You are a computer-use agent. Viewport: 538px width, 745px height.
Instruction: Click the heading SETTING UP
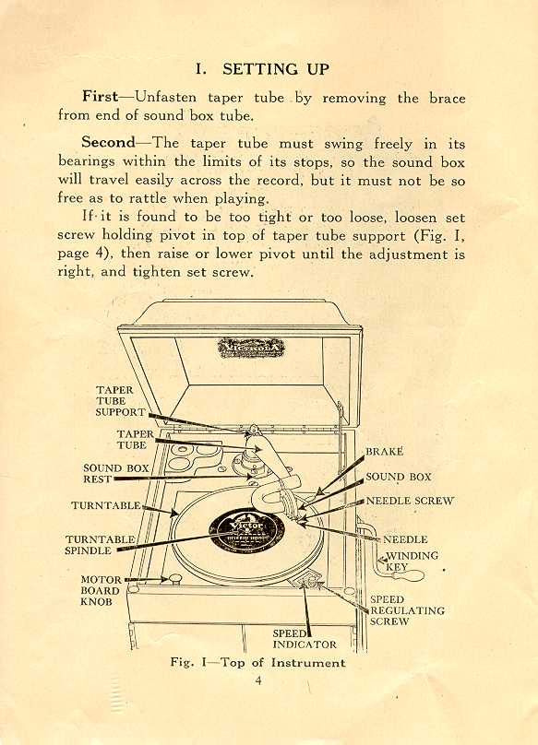[x=276, y=69]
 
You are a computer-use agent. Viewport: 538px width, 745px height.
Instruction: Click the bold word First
[x=100, y=97]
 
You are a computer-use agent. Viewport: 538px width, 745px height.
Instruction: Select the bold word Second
[x=109, y=142]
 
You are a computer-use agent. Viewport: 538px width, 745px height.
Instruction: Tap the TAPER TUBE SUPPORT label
[x=120, y=401]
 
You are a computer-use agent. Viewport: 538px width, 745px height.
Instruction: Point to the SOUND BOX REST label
[x=116, y=474]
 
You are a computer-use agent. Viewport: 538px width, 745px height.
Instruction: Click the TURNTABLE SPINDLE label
[x=101, y=545]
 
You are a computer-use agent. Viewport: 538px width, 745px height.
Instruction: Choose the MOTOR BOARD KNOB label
[x=101, y=591]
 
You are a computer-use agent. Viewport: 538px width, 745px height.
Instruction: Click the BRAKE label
[x=385, y=452]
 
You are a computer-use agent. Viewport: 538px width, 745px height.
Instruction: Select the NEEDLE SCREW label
[x=410, y=501]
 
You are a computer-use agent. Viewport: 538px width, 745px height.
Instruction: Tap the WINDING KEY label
[x=411, y=562]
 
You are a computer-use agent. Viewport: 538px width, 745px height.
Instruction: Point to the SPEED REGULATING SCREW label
[x=407, y=610]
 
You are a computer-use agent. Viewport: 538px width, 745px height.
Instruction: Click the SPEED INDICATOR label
[x=305, y=639]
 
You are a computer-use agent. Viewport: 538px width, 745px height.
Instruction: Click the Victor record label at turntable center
[x=246, y=528]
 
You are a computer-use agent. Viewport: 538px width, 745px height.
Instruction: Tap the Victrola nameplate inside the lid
[x=251, y=348]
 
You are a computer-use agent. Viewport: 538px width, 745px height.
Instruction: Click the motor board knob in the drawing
[x=175, y=578]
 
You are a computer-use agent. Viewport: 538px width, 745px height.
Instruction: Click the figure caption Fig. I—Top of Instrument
[x=257, y=662]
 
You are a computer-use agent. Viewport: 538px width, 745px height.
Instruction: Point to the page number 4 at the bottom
[x=258, y=680]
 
